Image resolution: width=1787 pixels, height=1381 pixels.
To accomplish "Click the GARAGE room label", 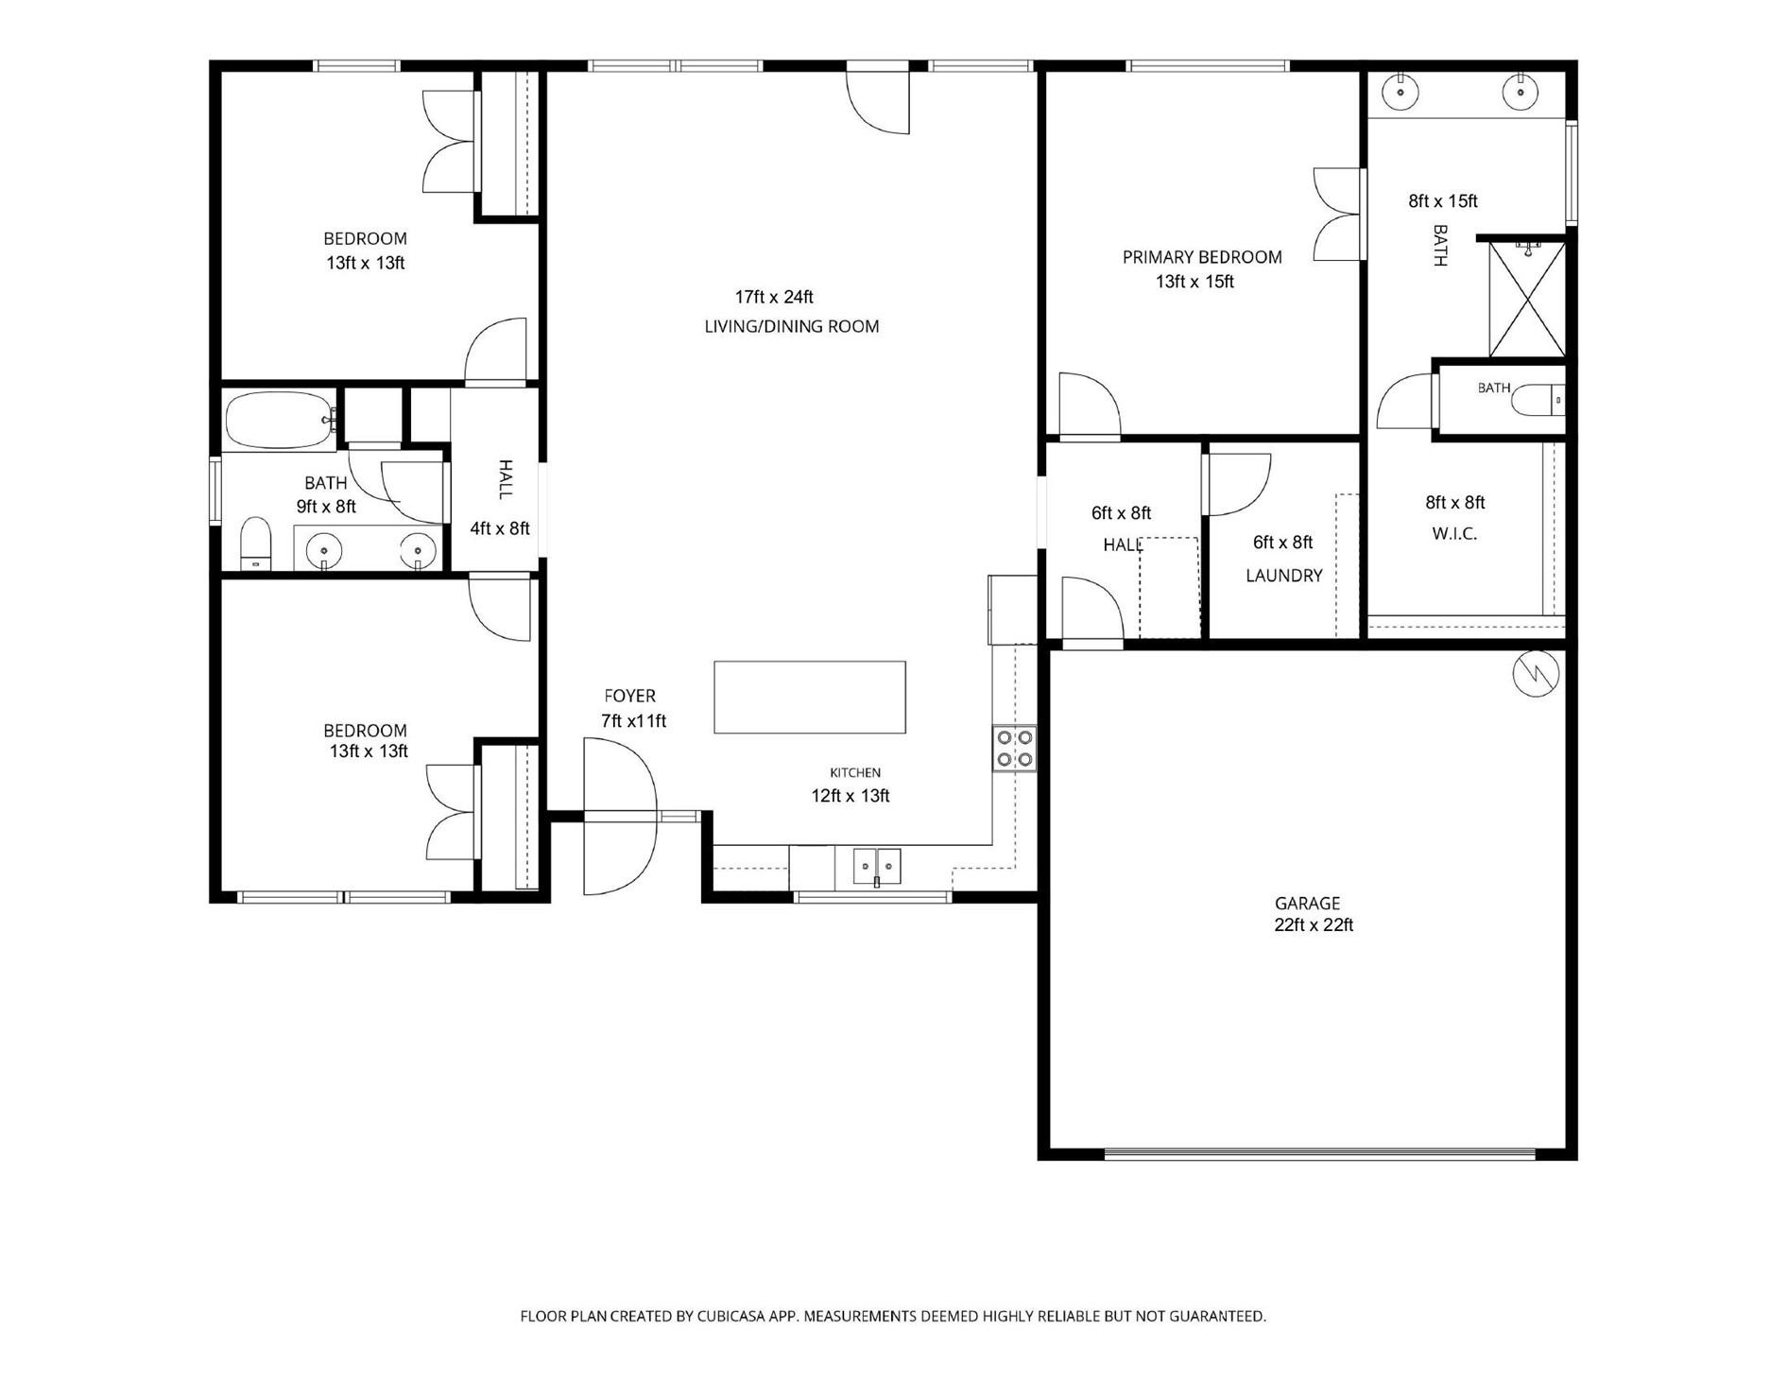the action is pos(1307,903).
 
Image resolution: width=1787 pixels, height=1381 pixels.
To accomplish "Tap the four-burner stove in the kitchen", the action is pos(1014,748).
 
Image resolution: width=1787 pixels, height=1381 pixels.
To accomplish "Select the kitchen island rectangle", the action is pos(810,698).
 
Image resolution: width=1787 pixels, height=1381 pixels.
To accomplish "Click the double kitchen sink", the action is pos(877,866).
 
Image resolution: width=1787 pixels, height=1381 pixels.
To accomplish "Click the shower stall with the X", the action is pos(1527,300).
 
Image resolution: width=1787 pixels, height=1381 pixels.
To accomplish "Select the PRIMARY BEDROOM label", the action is pos(1202,257).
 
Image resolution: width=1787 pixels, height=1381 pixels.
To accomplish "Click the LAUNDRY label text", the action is pos(1284,575).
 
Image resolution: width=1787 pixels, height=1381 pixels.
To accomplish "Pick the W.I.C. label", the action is pos(1454,533).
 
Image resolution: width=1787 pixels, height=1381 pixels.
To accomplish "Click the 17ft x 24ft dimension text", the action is pos(774,297).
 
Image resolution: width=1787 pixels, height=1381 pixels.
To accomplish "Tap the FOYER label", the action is pos(629,696).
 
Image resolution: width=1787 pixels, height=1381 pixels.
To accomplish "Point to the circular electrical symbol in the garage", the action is pos(1536,672).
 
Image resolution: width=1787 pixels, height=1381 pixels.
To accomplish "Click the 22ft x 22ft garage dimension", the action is pos(1314,925).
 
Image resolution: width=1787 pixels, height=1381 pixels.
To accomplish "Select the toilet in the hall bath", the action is pos(256,544).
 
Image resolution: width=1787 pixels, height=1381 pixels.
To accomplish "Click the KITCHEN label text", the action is pos(855,772).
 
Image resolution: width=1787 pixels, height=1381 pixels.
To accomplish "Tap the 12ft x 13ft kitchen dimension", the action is pos(851,796).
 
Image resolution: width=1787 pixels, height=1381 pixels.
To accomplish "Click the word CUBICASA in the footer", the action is pos(732,1316).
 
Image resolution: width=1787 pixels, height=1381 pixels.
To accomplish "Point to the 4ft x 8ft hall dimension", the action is pos(500,528).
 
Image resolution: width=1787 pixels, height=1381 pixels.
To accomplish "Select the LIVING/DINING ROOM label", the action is pos(792,326).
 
